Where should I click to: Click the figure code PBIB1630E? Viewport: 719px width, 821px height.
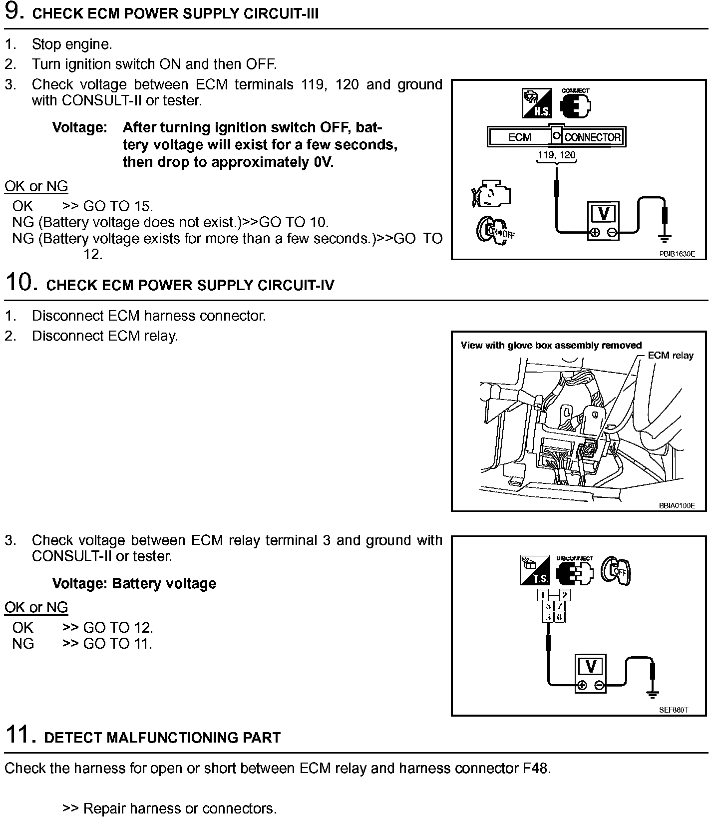point(677,254)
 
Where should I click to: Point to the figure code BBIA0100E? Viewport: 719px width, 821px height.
point(677,505)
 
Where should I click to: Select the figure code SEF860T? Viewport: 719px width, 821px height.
point(674,710)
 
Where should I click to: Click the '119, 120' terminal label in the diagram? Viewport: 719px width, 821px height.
point(556,155)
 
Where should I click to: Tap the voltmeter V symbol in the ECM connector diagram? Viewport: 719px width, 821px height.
point(604,214)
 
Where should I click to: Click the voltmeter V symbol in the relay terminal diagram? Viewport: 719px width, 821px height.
point(591,666)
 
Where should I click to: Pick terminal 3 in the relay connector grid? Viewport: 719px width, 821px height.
point(548,617)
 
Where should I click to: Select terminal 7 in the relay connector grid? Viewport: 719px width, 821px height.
point(560,606)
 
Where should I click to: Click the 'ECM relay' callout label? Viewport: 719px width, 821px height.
point(670,356)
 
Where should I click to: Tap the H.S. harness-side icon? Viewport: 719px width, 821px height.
point(536,103)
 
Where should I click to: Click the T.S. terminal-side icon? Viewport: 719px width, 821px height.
point(535,570)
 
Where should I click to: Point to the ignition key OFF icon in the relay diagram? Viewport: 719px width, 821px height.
point(617,570)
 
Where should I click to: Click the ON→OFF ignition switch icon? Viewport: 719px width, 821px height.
point(494,230)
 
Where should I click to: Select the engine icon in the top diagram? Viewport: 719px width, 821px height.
point(491,194)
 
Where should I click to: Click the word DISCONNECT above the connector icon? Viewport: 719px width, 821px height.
point(575,558)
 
